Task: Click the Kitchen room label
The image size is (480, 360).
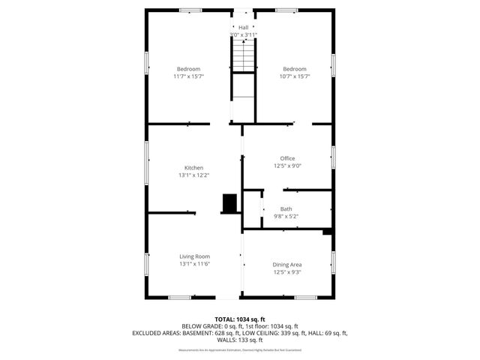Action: (193, 167)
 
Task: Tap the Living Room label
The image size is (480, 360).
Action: (193, 256)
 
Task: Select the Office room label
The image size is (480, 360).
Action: (287, 158)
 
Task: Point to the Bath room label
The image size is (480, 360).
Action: (286, 208)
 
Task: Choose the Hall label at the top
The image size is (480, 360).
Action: (243, 27)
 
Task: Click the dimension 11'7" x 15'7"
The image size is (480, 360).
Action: (189, 76)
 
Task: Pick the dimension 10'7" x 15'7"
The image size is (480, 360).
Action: (294, 76)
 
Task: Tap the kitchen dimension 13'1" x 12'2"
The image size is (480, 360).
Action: (193, 175)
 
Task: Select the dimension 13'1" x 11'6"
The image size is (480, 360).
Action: (193, 263)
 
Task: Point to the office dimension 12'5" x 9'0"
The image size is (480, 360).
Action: (287, 166)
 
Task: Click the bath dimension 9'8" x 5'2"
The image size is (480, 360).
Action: (286, 216)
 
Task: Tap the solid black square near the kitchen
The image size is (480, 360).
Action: (229, 202)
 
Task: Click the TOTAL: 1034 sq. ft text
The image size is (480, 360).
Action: (240, 319)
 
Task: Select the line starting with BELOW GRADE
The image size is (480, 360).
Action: (240, 325)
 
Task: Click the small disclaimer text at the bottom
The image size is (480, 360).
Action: (240, 349)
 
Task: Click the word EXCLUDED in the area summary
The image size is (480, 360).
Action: (148, 332)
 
